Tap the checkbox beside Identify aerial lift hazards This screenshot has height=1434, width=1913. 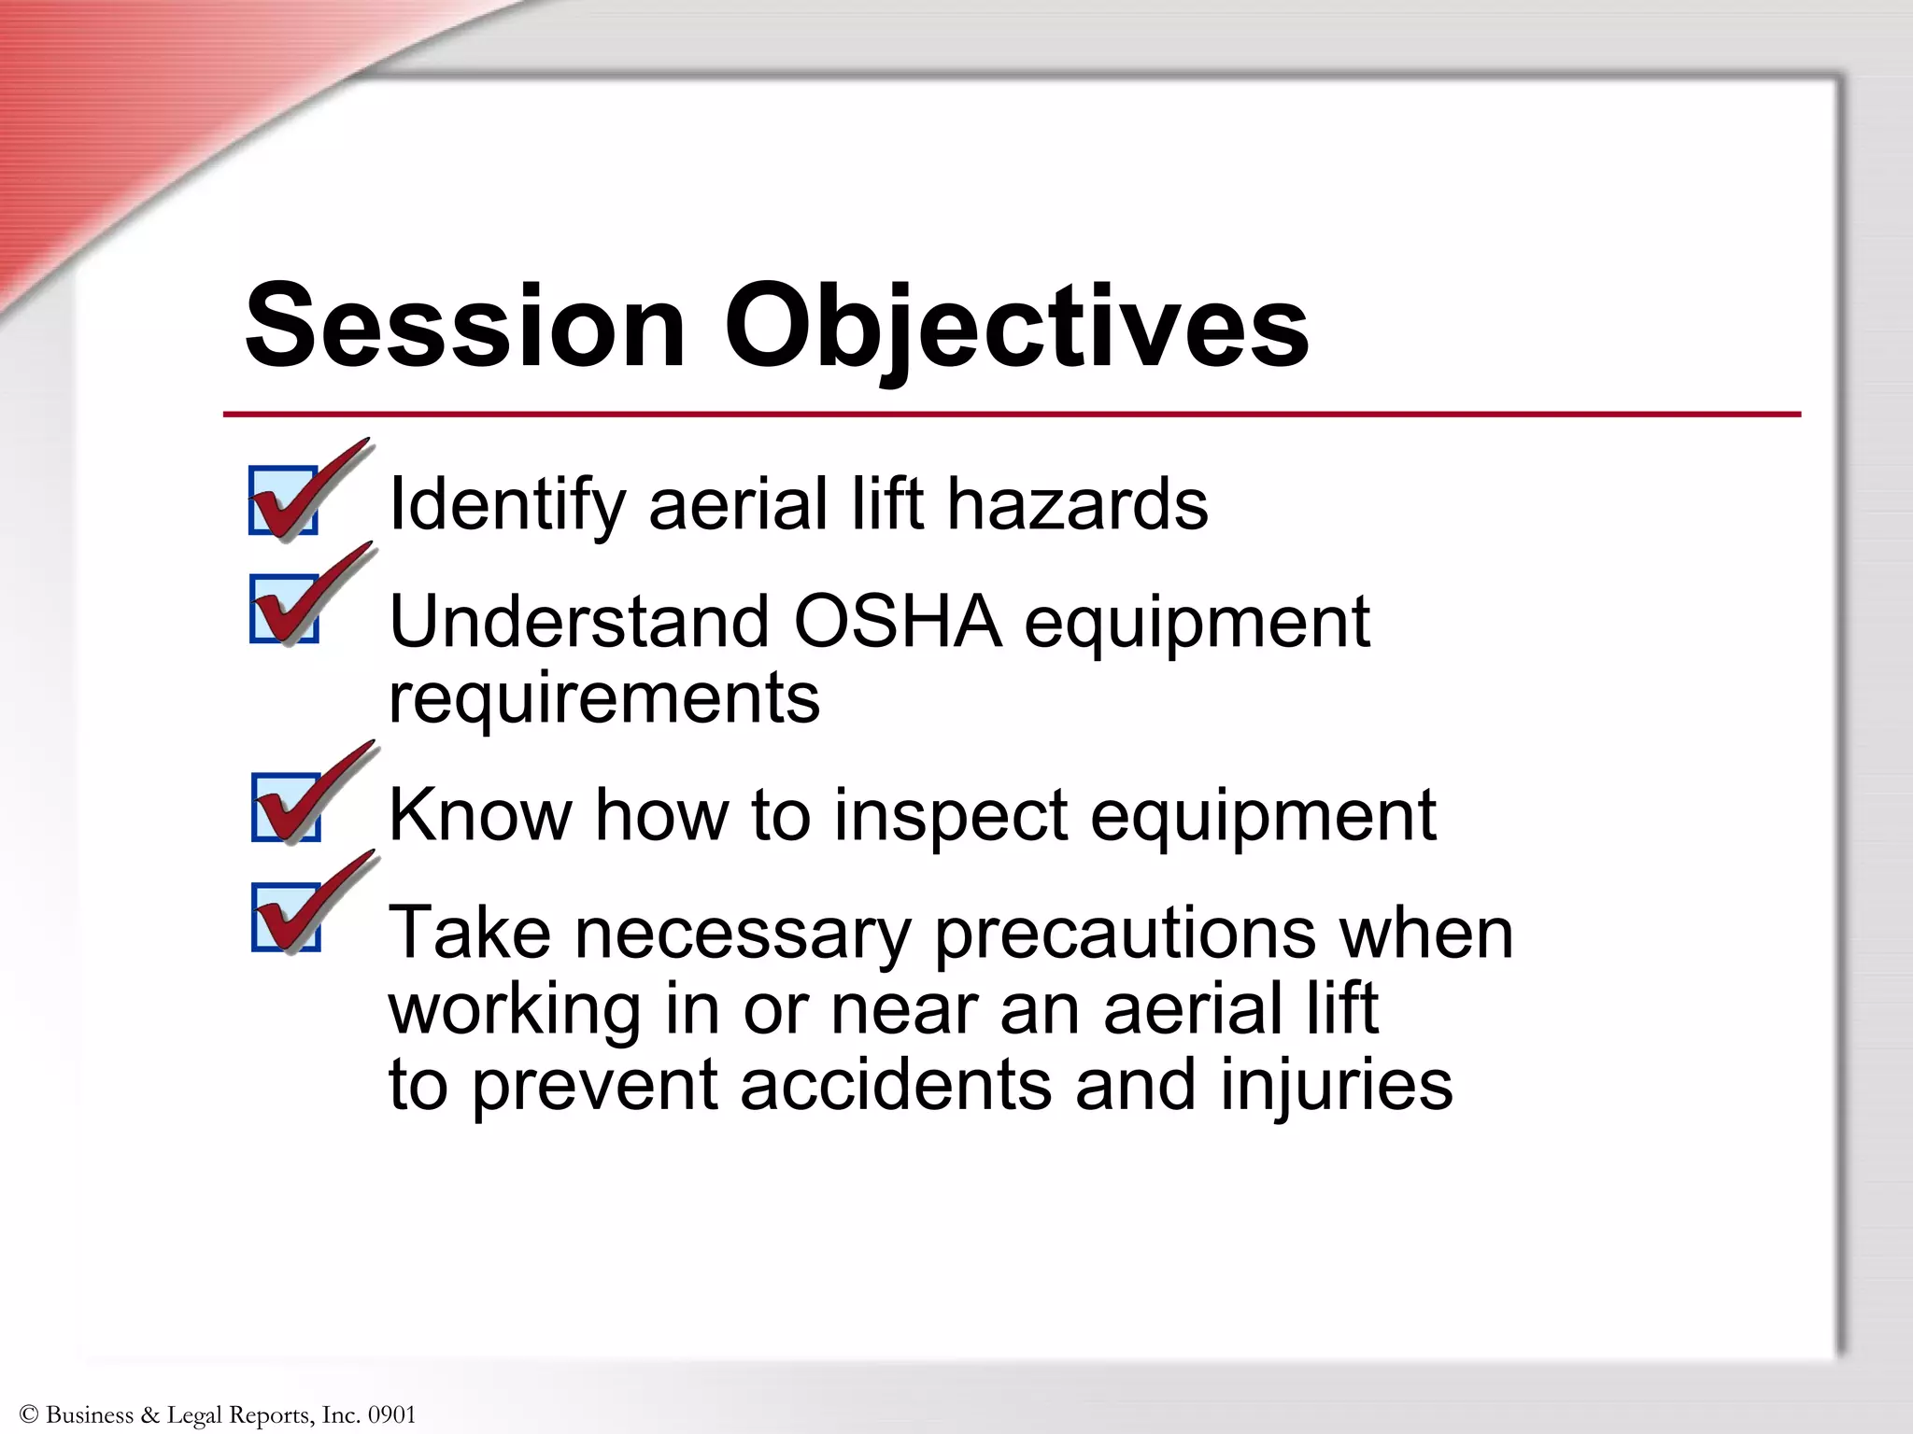(284, 500)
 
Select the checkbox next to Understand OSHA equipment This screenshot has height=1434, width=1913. (284, 609)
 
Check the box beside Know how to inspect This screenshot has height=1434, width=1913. (286, 808)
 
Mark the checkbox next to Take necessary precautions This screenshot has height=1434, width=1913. (286, 917)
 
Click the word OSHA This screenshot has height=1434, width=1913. (897, 622)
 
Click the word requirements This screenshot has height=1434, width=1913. (604, 698)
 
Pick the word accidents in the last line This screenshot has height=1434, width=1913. (896, 1085)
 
